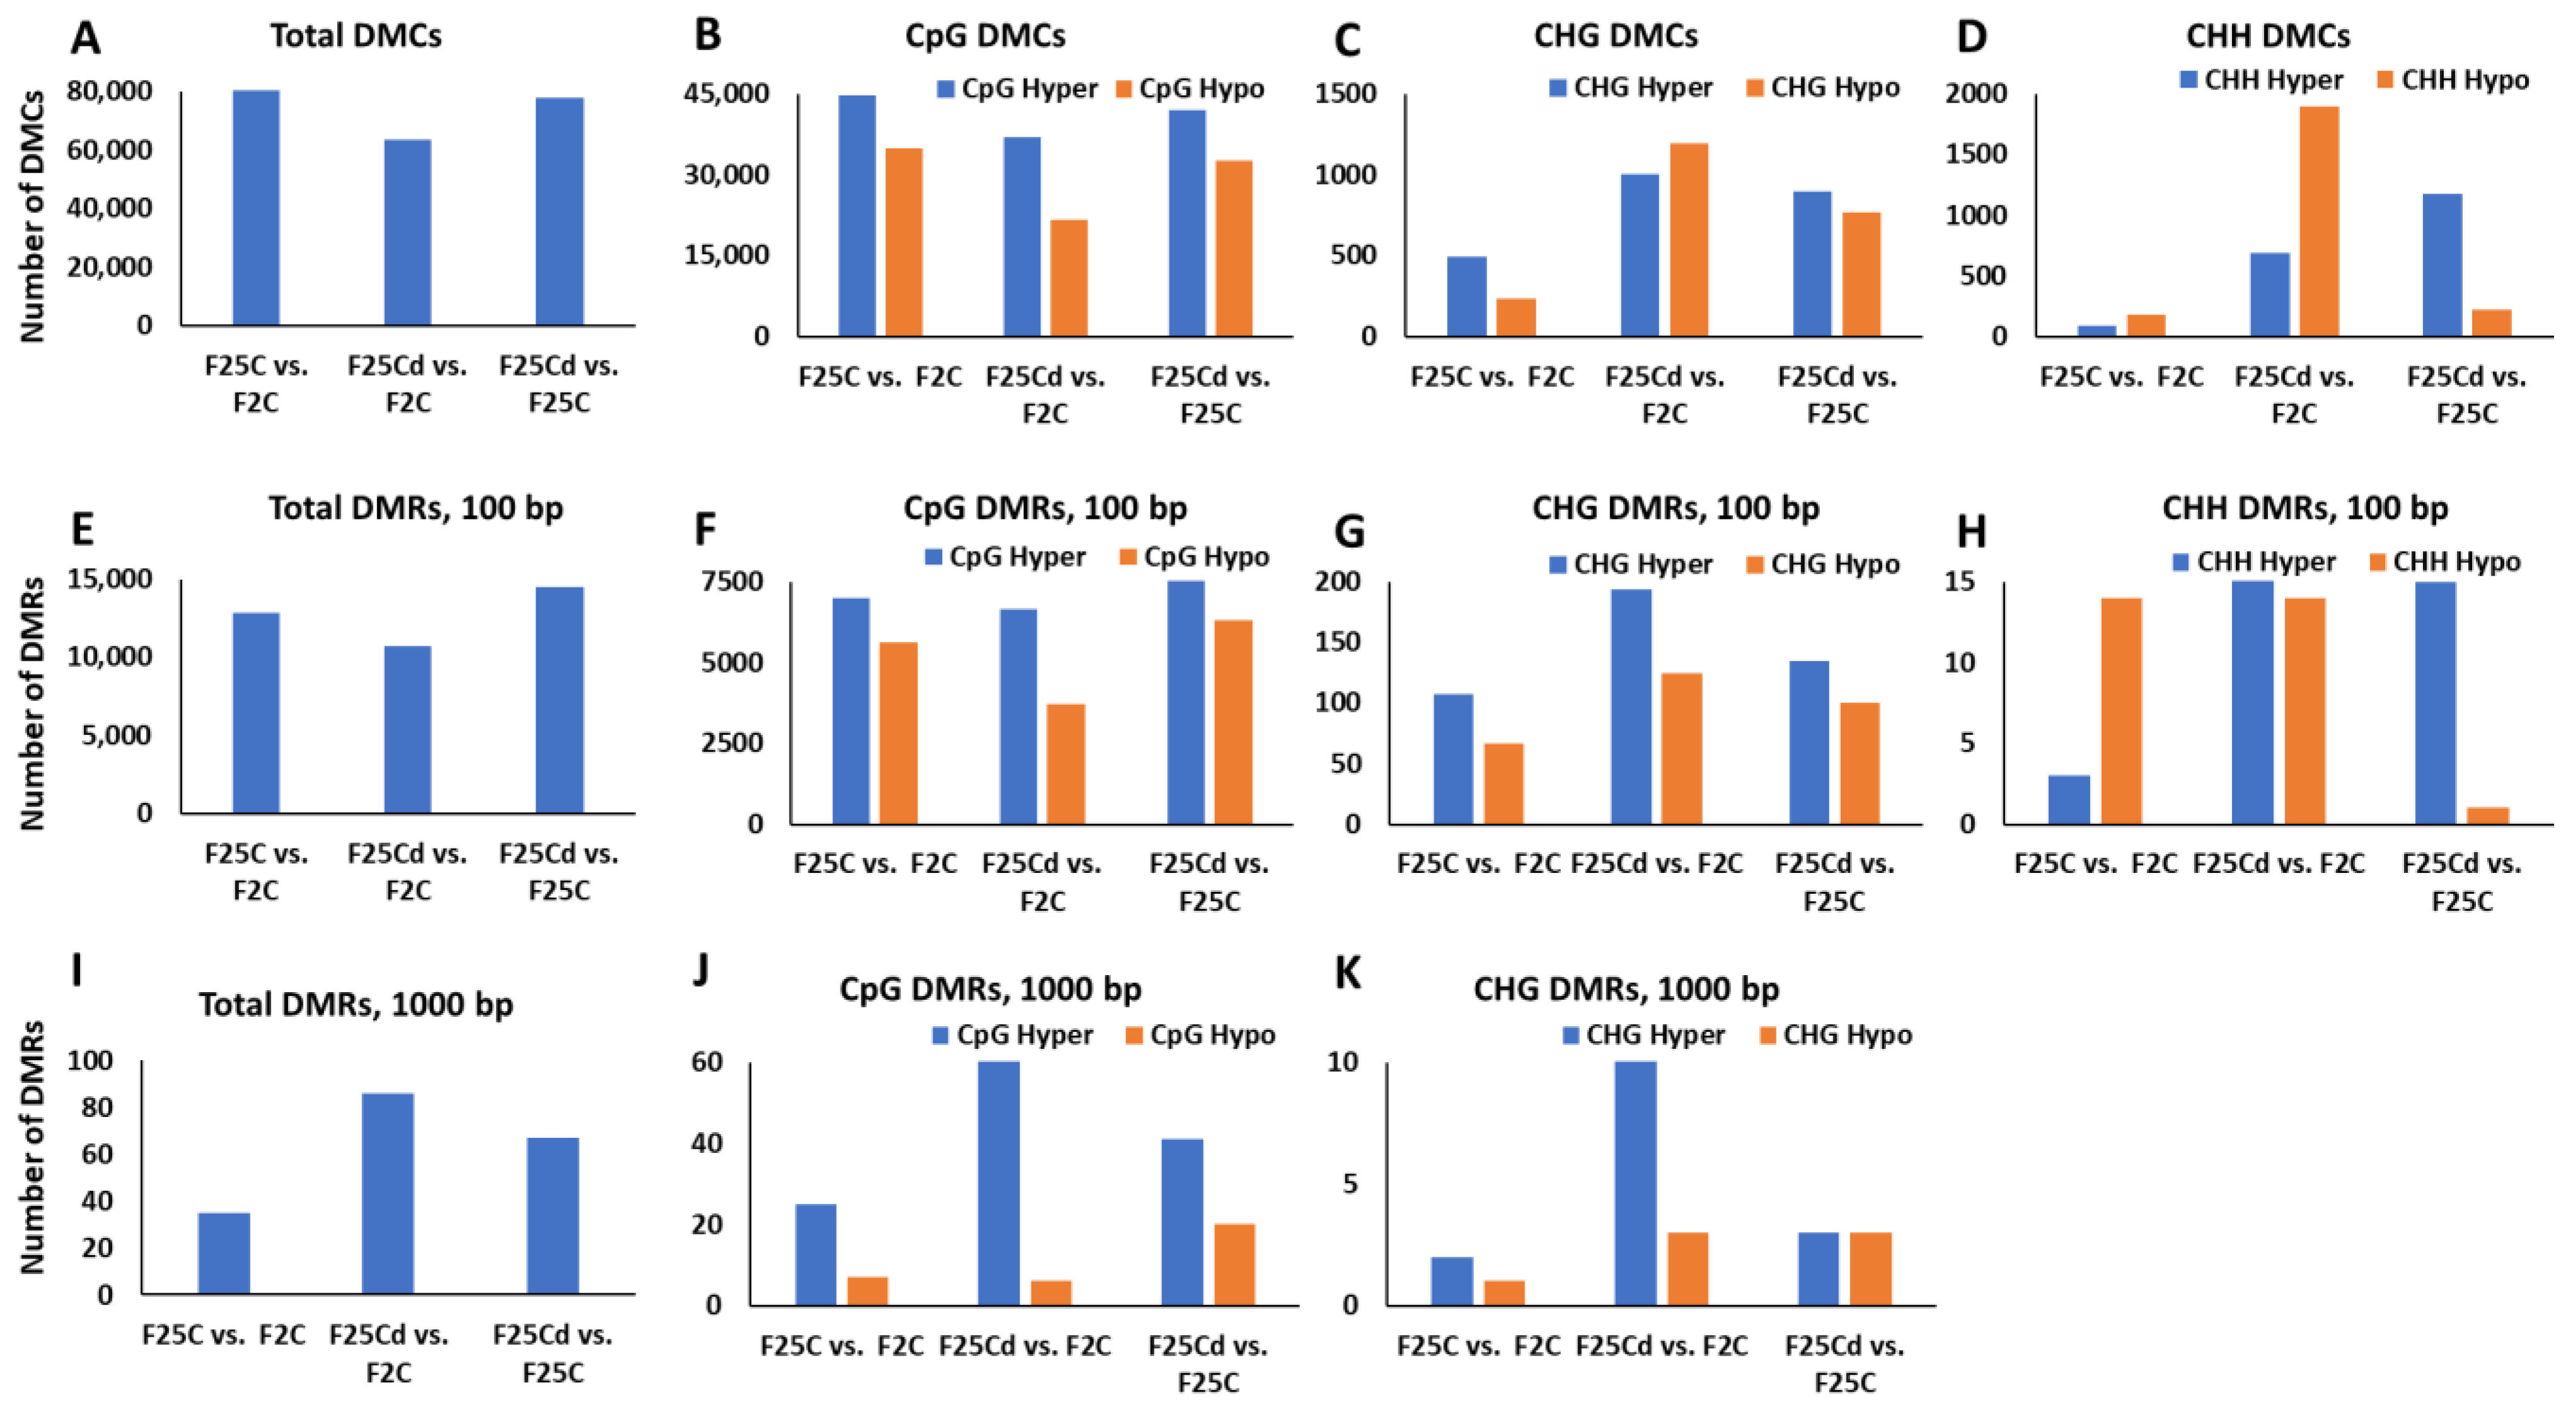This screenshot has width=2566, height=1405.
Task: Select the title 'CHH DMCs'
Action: pyautogui.click(x=2267, y=36)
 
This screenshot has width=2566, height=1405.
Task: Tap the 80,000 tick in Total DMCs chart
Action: pyautogui.click(x=110, y=91)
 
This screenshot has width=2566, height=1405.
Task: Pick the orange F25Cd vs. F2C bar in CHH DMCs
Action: pyautogui.click(x=2319, y=221)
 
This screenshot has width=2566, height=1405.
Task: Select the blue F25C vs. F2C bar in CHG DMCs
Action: pyautogui.click(x=1466, y=296)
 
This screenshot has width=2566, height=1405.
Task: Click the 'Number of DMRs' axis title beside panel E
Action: pyautogui.click(x=33, y=702)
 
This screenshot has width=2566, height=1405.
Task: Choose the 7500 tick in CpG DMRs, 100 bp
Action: pyautogui.click(x=732, y=581)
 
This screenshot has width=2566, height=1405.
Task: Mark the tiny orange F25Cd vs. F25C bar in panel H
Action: pyautogui.click(x=2487, y=815)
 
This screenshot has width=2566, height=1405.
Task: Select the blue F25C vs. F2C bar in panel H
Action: pyautogui.click(x=2069, y=799)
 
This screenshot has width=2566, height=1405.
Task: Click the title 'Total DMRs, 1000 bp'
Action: pyautogui.click(x=355, y=1003)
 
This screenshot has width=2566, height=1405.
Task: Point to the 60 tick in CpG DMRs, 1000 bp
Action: pyautogui.click(x=706, y=1061)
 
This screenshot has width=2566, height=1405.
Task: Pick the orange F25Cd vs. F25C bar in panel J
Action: pyautogui.click(x=1234, y=1264)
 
